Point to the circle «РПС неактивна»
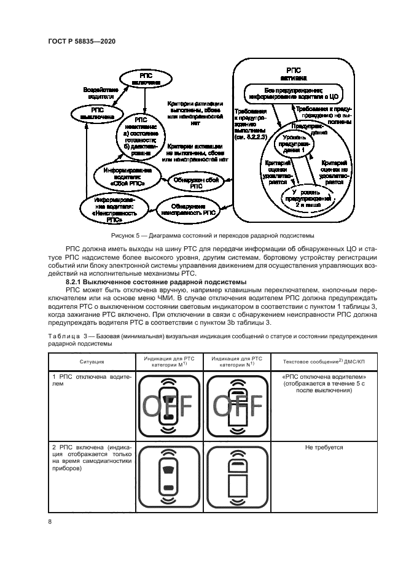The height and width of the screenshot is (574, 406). click(x=142, y=134)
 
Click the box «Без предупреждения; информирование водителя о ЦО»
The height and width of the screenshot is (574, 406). click(x=293, y=93)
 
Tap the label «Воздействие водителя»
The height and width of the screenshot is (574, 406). click(x=99, y=93)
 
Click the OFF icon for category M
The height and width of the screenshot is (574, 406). click(x=168, y=406)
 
